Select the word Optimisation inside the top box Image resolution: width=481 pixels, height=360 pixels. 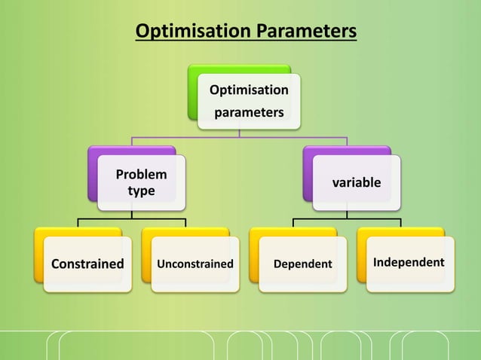coord(248,90)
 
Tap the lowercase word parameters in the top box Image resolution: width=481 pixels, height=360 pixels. coord(248,113)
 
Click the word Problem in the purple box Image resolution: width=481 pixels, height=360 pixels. coord(141,175)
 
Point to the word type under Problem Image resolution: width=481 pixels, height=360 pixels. coord(141,191)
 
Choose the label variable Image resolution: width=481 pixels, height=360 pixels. coord(357,183)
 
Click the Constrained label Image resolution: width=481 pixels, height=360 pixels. coord(87,264)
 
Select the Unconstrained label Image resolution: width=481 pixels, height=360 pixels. coord(195,264)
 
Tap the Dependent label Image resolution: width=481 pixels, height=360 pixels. coord(302,264)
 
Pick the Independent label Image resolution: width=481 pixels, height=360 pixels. coord(409,263)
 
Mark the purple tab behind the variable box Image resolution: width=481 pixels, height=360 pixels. coord(308,173)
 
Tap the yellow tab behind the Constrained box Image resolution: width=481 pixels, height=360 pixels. coord(38,256)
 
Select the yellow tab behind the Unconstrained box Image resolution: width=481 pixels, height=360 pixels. coord(146,256)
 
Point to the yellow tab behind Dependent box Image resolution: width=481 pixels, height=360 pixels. coord(254,256)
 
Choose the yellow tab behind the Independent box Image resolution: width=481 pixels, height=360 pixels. coord(362,256)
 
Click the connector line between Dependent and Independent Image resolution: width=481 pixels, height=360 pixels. coord(347,219)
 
